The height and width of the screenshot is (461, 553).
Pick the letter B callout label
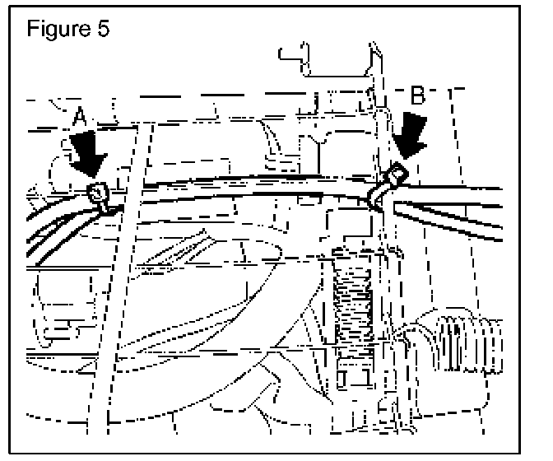418,97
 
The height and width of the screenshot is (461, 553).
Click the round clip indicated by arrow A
98,194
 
